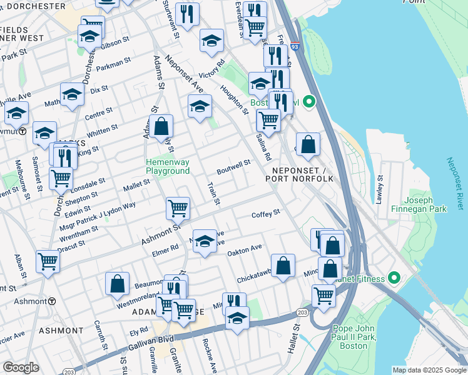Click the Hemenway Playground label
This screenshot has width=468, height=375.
[x=168, y=166]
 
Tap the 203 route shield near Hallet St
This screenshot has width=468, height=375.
[x=303, y=312]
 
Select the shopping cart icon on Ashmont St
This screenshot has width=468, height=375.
[x=178, y=208]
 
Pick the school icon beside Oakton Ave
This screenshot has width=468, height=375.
[x=204, y=241]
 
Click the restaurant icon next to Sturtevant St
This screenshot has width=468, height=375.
[x=187, y=14]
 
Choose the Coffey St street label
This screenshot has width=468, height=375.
[x=265, y=214]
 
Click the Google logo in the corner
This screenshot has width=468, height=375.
[x=21, y=367]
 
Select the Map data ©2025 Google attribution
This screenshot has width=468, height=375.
[x=429, y=370]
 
